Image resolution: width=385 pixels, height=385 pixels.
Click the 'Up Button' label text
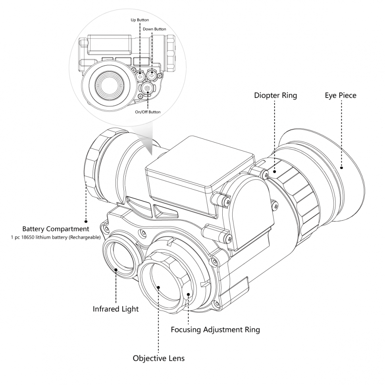(x=140, y=20)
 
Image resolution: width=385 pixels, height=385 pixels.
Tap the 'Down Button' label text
(x=154, y=29)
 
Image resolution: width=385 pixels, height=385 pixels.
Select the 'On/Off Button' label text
(x=148, y=112)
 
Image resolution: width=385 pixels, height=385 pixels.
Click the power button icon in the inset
(x=147, y=88)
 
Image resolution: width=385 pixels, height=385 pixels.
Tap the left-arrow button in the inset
(x=141, y=76)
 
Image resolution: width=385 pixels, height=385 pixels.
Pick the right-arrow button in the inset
(x=151, y=75)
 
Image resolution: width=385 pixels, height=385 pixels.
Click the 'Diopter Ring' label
(x=275, y=96)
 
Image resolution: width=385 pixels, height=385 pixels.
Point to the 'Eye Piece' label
(x=341, y=96)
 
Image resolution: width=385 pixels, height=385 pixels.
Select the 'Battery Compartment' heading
(x=56, y=229)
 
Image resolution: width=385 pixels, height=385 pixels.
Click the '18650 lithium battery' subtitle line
(x=56, y=237)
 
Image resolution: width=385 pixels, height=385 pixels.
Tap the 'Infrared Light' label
(x=115, y=309)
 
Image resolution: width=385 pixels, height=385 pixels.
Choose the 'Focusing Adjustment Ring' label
(x=216, y=329)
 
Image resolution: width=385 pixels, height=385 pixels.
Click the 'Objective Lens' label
(x=159, y=358)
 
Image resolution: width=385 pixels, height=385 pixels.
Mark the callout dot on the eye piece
(x=341, y=168)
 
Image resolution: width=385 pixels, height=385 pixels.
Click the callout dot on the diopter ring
(x=275, y=172)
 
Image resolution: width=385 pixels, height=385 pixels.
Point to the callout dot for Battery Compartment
(x=86, y=221)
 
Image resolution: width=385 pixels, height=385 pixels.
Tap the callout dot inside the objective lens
(x=159, y=287)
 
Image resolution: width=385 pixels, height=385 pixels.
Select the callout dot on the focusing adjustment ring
(x=188, y=294)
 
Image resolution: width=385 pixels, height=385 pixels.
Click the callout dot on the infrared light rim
(x=116, y=269)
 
